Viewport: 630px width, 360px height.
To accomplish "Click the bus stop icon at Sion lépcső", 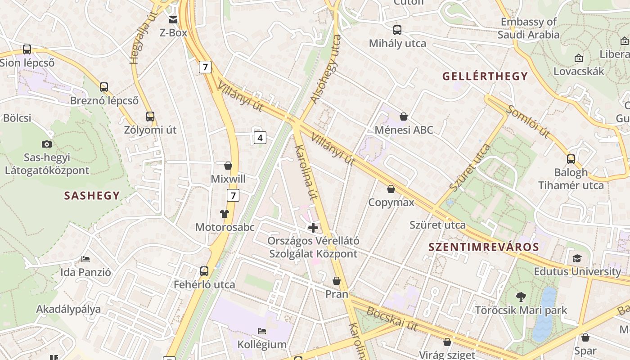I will pyautogui.click(x=27, y=49).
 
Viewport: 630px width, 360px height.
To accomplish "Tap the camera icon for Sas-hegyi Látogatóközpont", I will pyautogui.click(x=46, y=144).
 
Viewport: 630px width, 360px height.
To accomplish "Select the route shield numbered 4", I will pyautogui.click(x=260, y=138).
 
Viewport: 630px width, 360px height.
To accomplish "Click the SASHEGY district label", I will pyautogui.click(x=92, y=196).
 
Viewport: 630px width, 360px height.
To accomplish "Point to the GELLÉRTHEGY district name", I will pyautogui.click(x=485, y=76).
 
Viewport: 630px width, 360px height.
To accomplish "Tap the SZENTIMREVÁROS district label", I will pyautogui.click(x=483, y=247).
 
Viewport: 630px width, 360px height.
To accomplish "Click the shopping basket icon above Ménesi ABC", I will pyautogui.click(x=404, y=117).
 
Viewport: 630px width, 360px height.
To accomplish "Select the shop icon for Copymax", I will pyautogui.click(x=391, y=189).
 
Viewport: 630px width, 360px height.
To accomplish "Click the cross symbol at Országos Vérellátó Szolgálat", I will pyautogui.click(x=313, y=228).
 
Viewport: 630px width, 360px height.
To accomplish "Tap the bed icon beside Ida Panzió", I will pyautogui.click(x=85, y=259).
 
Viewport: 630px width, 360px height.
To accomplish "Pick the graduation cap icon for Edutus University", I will pyautogui.click(x=577, y=258).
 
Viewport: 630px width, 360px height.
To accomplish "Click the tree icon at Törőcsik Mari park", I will pyautogui.click(x=521, y=297).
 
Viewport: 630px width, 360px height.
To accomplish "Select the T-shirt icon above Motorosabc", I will pyautogui.click(x=225, y=214).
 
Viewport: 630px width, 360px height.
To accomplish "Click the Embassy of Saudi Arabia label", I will pyautogui.click(x=529, y=28).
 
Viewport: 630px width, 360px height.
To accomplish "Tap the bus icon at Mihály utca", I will pyautogui.click(x=397, y=30).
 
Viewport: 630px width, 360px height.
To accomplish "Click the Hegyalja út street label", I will pyautogui.click(x=140, y=38).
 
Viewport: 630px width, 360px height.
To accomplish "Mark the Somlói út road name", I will pyautogui.click(x=528, y=121).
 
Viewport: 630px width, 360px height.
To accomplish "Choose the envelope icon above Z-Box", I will pyautogui.click(x=173, y=19).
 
